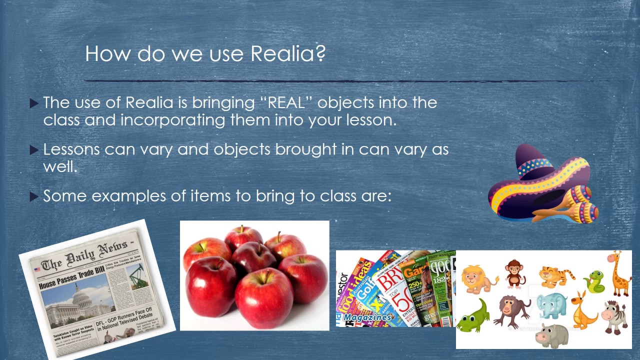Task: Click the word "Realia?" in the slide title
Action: (288, 53)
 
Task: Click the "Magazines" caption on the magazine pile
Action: (367, 317)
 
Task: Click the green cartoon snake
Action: (595, 281)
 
